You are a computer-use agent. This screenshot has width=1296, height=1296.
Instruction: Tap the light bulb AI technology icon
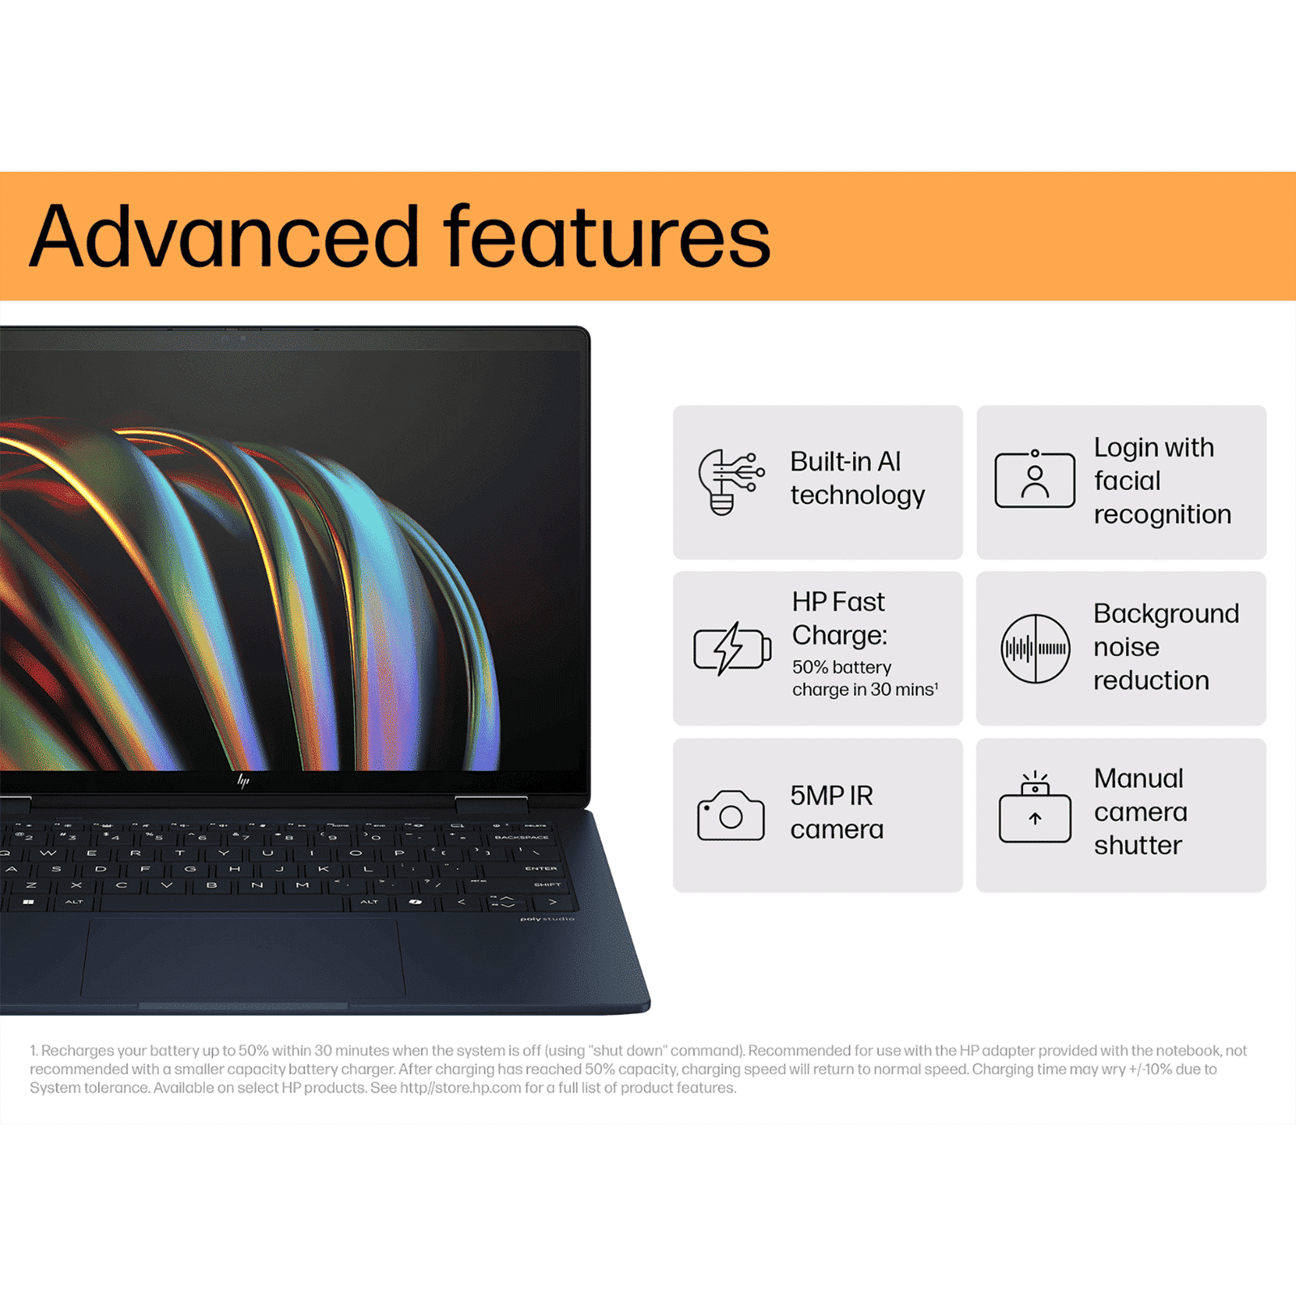[730, 482]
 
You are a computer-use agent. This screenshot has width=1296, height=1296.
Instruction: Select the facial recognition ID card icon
[1034, 480]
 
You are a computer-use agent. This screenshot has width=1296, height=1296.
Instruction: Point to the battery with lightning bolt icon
[731, 648]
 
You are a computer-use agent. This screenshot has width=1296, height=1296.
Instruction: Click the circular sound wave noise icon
[1035, 648]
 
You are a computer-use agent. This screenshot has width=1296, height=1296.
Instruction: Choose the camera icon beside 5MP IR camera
[731, 815]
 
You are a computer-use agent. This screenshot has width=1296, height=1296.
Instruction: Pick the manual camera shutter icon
[1034, 810]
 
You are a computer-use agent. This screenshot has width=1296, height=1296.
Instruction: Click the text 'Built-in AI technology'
[857, 478]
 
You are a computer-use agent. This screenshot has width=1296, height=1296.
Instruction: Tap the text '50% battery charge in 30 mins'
[864, 678]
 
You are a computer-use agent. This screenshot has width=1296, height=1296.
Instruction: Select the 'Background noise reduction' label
[1166, 646]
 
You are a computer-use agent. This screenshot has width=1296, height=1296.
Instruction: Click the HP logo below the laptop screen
[243, 780]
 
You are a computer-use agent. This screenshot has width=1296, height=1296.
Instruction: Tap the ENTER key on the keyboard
[540, 868]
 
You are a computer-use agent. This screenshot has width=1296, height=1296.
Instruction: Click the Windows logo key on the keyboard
[29, 902]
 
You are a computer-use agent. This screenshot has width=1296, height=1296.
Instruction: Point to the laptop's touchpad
[242, 958]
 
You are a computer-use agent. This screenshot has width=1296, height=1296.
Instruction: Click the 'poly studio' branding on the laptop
[547, 919]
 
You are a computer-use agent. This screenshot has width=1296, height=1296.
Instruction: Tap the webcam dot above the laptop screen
[242, 336]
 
